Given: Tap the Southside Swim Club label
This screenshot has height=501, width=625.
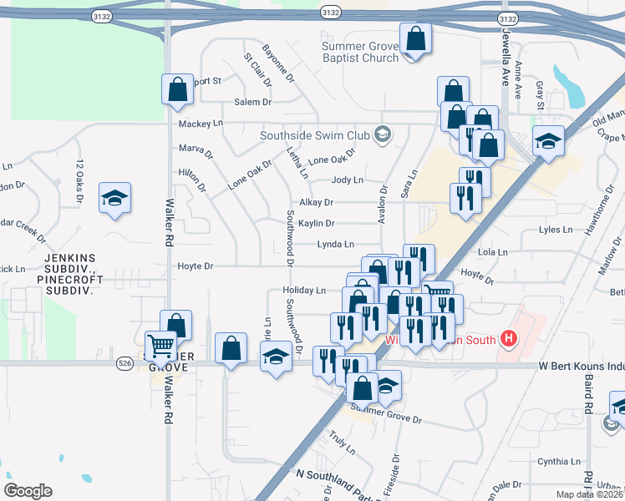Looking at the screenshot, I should click(314, 134).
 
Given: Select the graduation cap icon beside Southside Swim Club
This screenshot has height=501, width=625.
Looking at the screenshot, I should click(383, 134).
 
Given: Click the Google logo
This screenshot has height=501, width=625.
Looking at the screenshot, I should click(28, 491).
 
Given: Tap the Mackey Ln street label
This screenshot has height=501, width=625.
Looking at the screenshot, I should click(201, 124).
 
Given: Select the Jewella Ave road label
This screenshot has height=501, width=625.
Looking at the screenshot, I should click(506, 61).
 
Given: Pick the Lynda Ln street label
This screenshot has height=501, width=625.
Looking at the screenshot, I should click(335, 245).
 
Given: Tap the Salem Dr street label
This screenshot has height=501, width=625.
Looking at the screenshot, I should click(253, 102).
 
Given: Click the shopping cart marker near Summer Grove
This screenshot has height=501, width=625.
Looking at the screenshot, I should click(160, 345).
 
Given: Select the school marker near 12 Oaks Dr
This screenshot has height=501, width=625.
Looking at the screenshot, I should click(114, 199).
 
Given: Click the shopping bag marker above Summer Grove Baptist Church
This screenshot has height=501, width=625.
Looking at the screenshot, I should click(415, 39).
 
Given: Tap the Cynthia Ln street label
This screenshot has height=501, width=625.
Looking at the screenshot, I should click(558, 461).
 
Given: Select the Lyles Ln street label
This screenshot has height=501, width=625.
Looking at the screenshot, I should click(559, 229).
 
